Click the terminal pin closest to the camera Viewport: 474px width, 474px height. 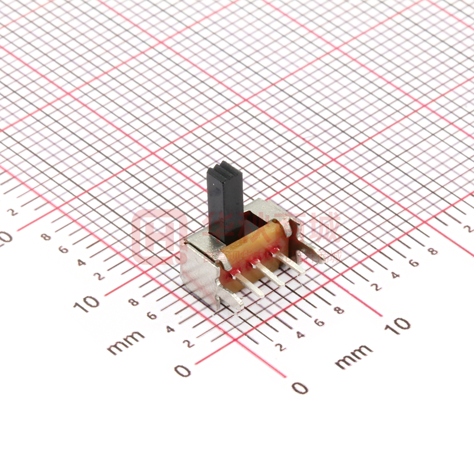(x=248, y=285)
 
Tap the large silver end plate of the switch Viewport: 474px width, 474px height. (x=200, y=274)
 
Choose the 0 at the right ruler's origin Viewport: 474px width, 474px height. (x=300, y=388)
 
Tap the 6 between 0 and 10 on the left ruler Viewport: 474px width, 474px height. (x=152, y=316)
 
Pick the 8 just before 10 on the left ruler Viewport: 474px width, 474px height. (x=134, y=302)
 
